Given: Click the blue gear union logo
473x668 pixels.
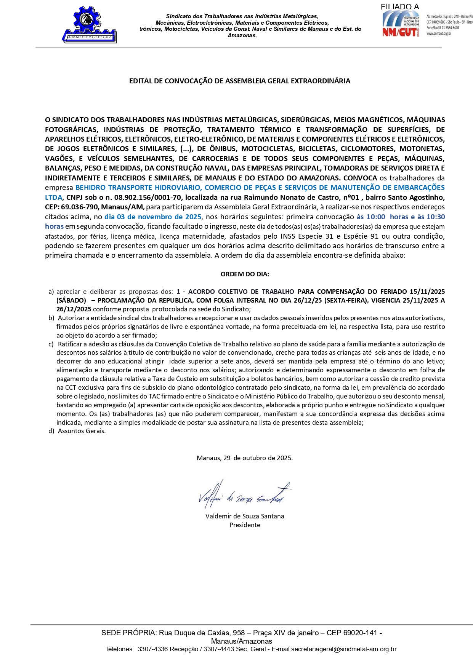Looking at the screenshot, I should (x=90, y=24).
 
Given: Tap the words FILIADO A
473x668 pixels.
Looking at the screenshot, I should (x=399, y=7).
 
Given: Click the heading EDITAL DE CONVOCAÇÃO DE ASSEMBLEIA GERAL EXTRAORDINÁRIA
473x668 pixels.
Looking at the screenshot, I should (x=240, y=81).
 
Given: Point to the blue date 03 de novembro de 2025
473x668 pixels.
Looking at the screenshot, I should (x=153, y=217).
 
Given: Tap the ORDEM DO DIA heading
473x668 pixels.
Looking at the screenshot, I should (x=245, y=274).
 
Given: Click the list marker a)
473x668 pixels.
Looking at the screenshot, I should (x=51, y=292).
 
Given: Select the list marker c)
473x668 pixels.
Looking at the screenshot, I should (x=51, y=344).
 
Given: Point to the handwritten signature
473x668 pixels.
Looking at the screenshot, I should (x=244, y=495).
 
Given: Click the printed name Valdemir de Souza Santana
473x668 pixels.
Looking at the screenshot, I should (x=245, y=516).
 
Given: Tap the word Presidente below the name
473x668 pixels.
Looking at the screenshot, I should (x=245, y=525).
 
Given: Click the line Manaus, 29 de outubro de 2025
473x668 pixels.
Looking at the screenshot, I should (x=245, y=458).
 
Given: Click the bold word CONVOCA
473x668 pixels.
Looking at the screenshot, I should (x=360, y=178).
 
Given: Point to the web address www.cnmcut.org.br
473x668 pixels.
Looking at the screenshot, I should (x=439, y=33).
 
